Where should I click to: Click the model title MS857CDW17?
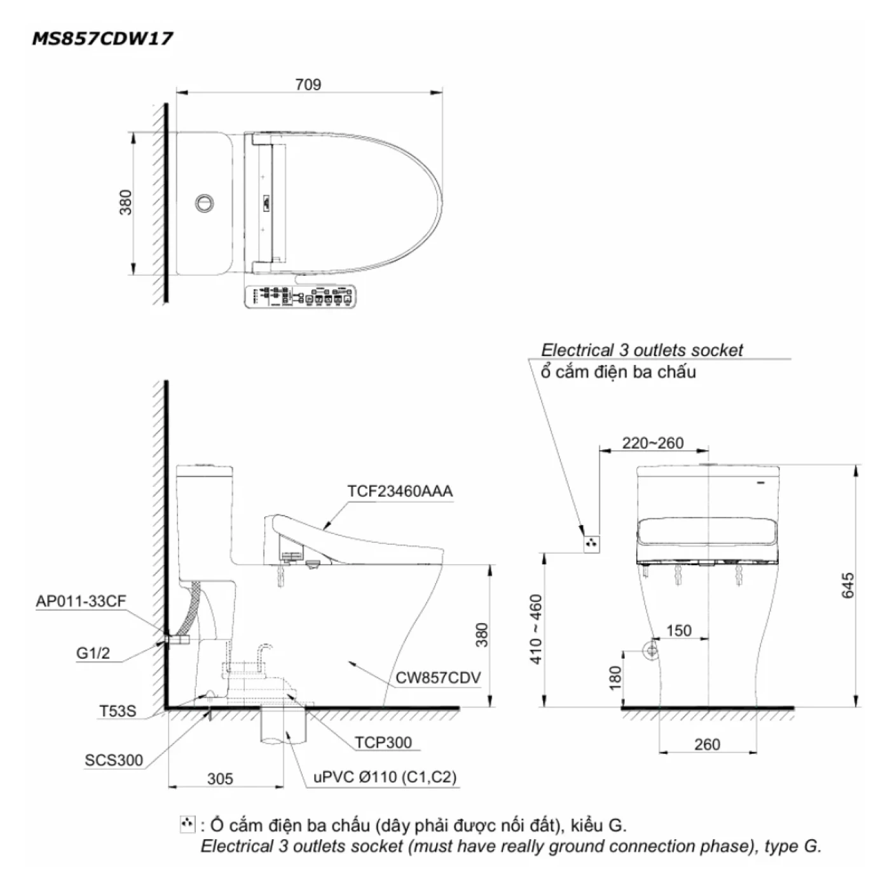pyautogui.click(x=102, y=39)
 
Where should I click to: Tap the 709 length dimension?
pyautogui.click(x=308, y=85)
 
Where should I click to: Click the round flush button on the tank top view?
pyautogui.click(x=204, y=203)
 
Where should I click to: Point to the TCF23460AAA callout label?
pyautogui.click(x=400, y=491)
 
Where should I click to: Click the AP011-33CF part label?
pyautogui.click(x=81, y=601)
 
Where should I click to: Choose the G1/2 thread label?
pyautogui.click(x=93, y=653)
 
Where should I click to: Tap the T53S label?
pyautogui.click(x=117, y=711)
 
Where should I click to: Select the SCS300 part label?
pyautogui.click(x=114, y=760)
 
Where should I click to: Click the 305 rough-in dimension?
pyautogui.click(x=220, y=779)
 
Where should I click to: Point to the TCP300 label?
pyautogui.click(x=383, y=743)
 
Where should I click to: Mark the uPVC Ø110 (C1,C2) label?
pyautogui.click(x=385, y=777)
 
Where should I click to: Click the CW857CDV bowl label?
pyautogui.click(x=438, y=678)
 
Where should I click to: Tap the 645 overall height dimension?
pyautogui.click(x=848, y=585)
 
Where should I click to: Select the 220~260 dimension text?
pyautogui.click(x=653, y=443)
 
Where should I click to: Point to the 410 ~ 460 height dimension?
pyautogui.click(x=537, y=629)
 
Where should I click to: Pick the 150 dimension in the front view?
pyautogui.click(x=678, y=631)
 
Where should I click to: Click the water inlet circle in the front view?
pyautogui.click(x=650, y=650)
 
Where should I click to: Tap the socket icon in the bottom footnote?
pyautogui.click(x=187, y=825)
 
